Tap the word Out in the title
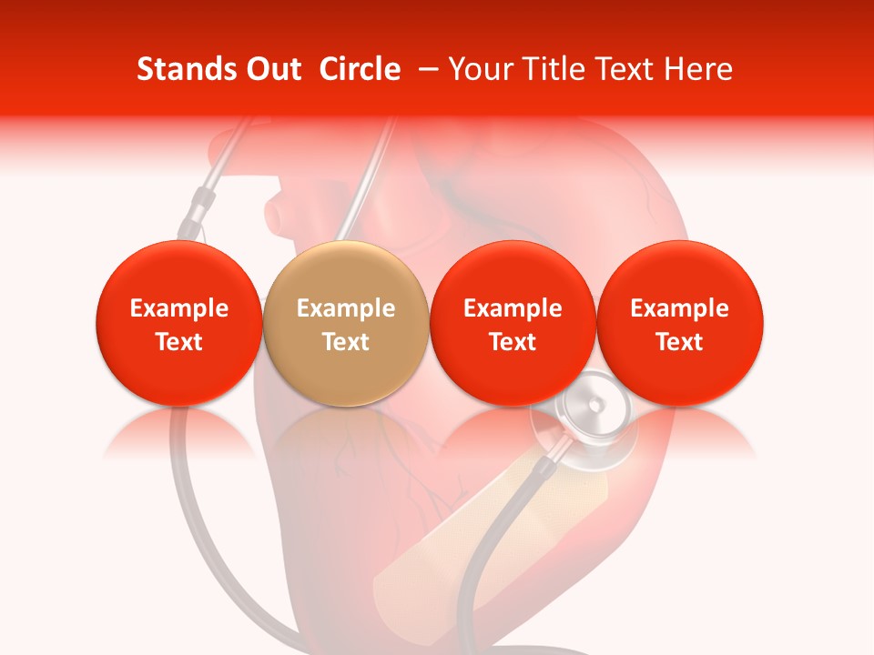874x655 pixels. tap(271, 69)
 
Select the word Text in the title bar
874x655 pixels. tap(627, 69)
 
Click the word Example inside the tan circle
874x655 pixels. tap(346, 308)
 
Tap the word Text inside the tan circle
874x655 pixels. tap(346, 342)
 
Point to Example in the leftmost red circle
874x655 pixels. tap(178, 308)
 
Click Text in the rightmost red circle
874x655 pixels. tap(680, 342)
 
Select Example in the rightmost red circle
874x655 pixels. tap(680, 308)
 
